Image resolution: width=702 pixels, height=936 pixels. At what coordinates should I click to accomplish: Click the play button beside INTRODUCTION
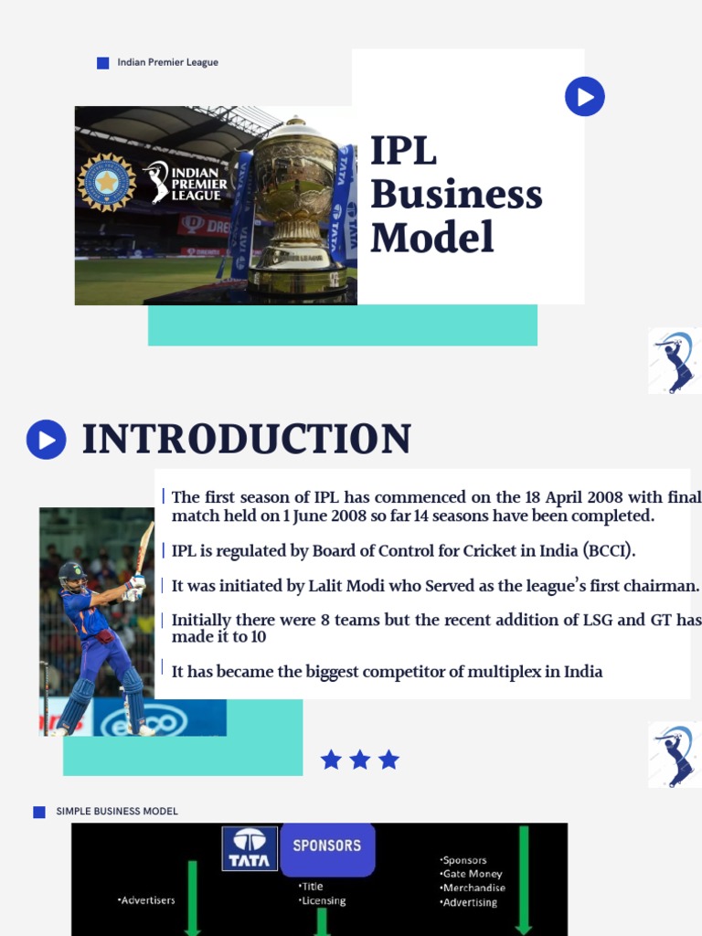click(47, 440)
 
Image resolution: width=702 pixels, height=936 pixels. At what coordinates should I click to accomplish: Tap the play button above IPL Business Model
click(585, 96)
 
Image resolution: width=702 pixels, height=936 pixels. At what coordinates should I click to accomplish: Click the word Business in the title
click(456, 195)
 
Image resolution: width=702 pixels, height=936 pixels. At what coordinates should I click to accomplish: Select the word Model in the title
click(431, 238)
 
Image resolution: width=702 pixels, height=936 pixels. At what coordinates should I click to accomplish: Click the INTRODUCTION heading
click(247, 440)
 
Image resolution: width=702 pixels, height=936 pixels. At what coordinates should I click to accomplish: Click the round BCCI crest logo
click(107, 182)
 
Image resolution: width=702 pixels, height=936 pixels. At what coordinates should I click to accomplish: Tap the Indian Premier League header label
click(167, 63)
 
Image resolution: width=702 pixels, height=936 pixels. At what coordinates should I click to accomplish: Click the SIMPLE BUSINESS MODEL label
click(117, 812)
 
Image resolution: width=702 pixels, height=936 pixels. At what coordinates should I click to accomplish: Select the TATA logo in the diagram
click(250, 848)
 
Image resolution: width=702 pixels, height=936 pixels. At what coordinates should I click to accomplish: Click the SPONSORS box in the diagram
click(326, 846)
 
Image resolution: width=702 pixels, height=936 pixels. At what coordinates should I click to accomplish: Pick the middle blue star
click(360, 760)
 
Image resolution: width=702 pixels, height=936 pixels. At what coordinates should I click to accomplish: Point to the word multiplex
click(473, 672)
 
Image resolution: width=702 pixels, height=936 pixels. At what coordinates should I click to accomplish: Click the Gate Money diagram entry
click(472, 874)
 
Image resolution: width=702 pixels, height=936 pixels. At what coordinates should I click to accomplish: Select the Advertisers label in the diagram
click(146, 900)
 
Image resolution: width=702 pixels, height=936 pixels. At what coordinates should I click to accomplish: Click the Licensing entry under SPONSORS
click(323, 900)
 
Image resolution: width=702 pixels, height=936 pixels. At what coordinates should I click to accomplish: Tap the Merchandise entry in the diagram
click(473, 888)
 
